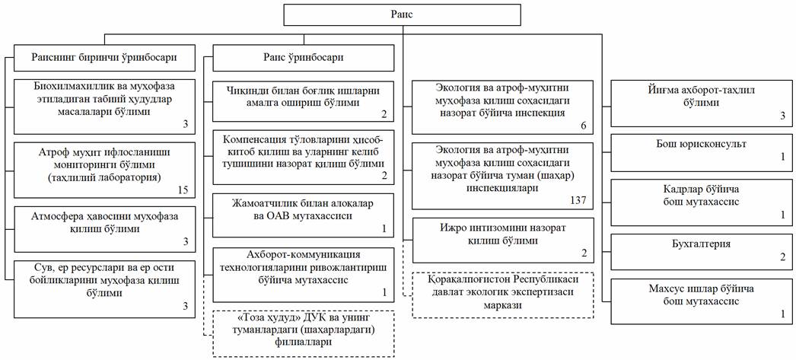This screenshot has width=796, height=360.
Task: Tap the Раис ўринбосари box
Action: tap(303, 57)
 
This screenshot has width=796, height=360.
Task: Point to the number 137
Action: tap(578, 199)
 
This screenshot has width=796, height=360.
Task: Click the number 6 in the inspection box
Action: tap(583, 126)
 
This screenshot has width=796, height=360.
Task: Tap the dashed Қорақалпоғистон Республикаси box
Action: tap(502, 295)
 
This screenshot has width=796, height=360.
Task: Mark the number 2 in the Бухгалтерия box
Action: tap(782, 257)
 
